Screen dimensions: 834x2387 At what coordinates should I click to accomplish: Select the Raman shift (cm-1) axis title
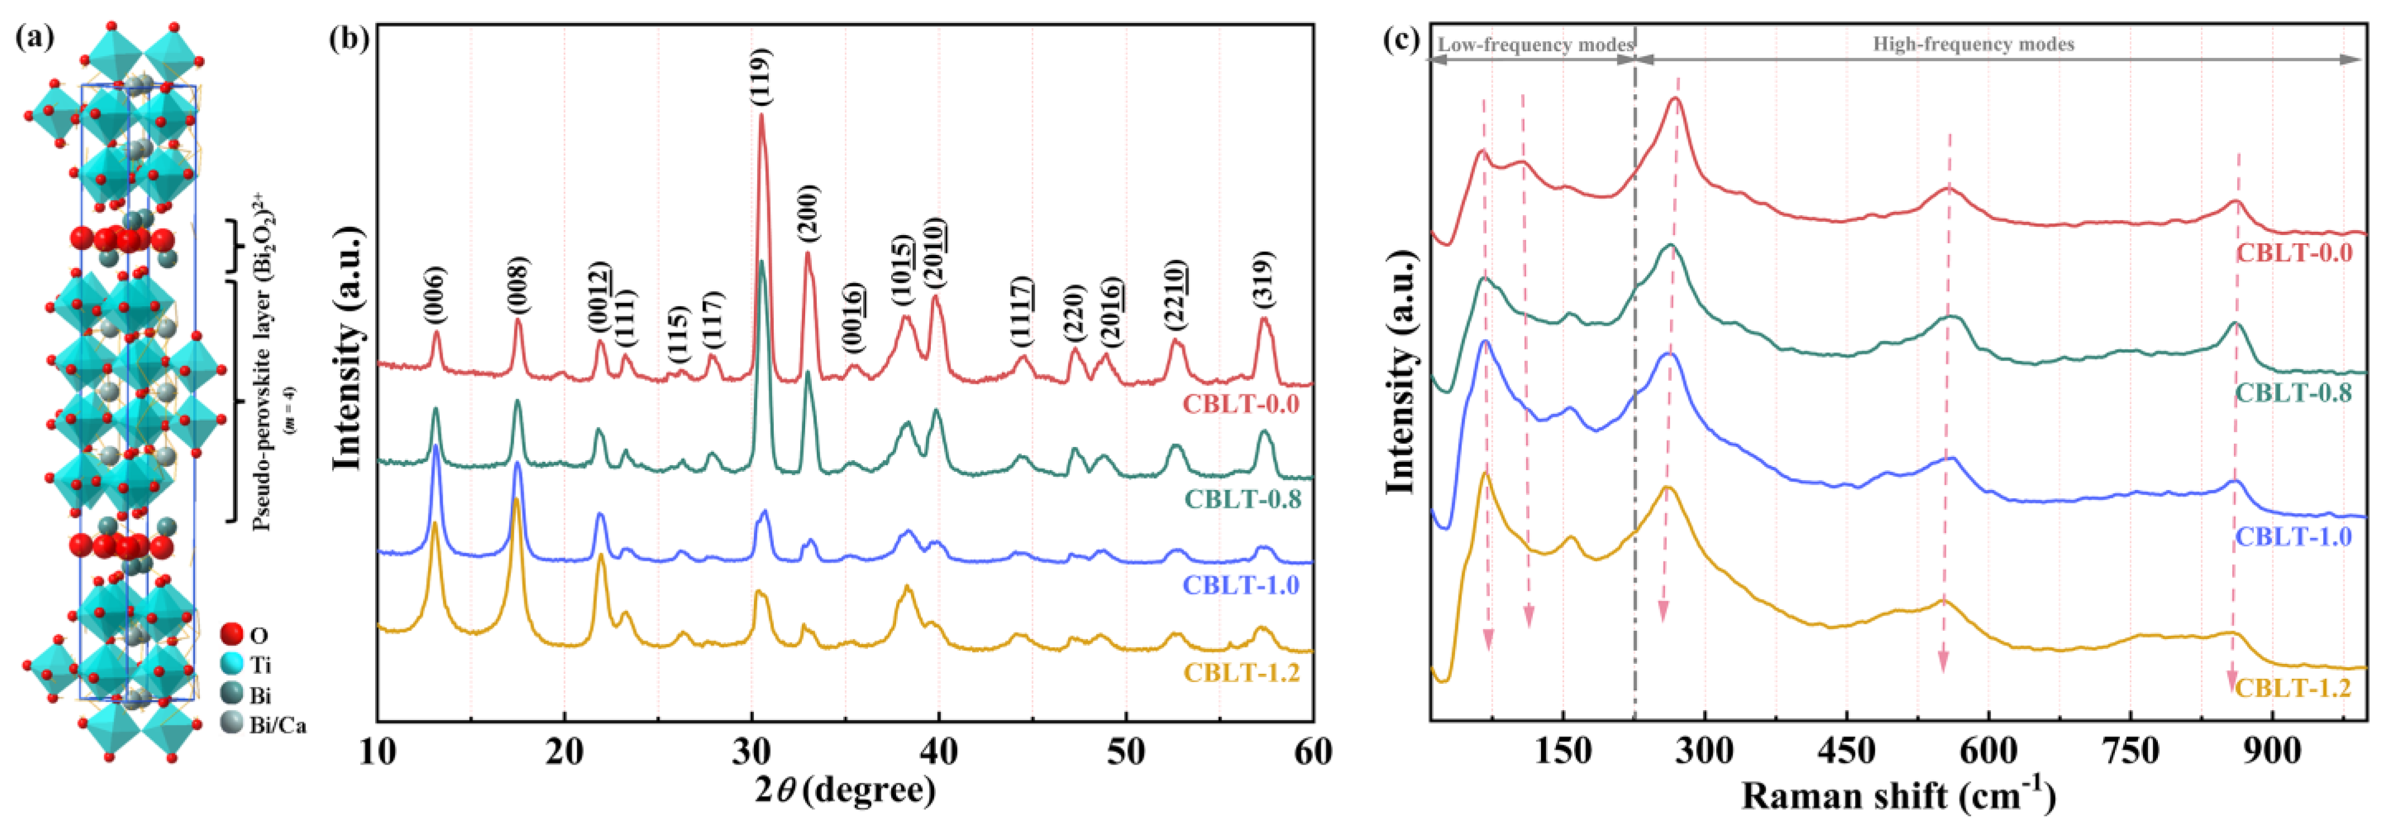[x=1898, y=795]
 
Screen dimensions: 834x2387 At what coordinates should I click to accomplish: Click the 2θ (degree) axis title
[x=844, y=791]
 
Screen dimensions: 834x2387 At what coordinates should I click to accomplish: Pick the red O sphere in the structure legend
[x=232, y=635]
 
